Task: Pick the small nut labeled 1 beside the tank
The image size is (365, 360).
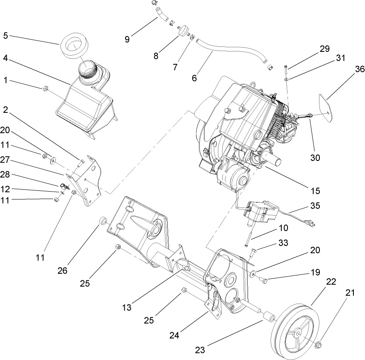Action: tap(46, 88)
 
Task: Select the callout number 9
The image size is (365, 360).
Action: tap(127, 39)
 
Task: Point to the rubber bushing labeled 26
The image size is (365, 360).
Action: tap(103, 220)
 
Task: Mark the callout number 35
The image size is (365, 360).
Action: tap(316, 206)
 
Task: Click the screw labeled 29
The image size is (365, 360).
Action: tap(286, 67)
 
